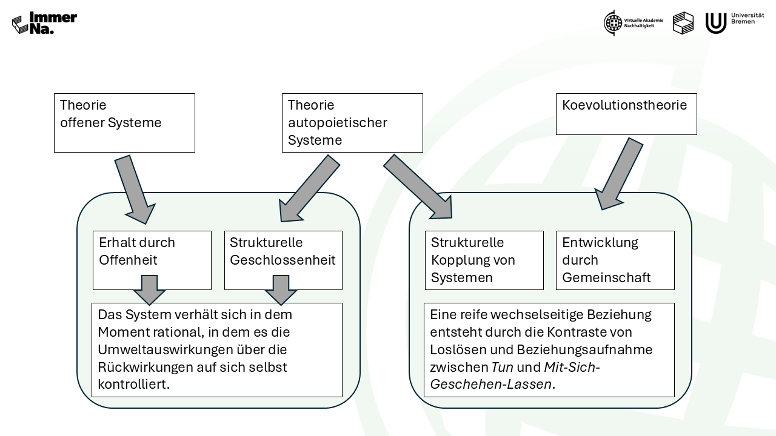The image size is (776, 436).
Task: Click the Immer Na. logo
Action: point(44,23)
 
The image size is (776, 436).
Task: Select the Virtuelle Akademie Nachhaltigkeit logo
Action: point(633,23)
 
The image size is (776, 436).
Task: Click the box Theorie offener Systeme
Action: point(124,122)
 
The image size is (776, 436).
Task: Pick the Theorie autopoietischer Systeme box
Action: point(352,122)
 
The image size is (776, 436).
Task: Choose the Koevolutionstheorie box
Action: point(626,114)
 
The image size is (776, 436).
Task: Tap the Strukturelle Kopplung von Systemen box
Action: point(484,260)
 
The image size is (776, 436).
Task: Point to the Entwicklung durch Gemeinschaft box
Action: point(615,260)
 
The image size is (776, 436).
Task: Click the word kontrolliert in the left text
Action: point(132,385)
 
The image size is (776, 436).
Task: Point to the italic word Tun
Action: point(501,366)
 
